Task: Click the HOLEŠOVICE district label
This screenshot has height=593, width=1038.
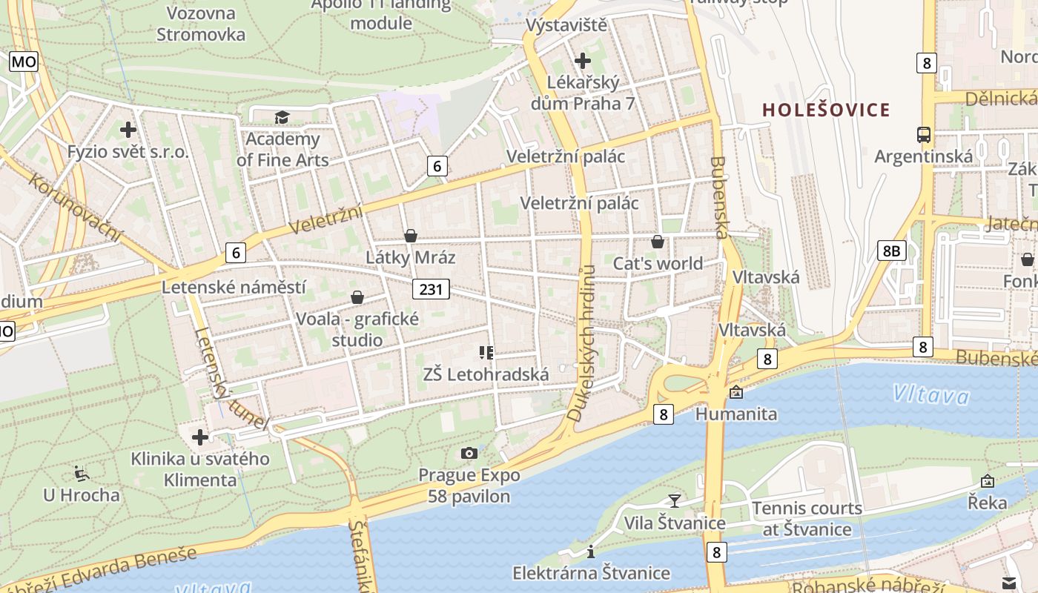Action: tap(826, 110)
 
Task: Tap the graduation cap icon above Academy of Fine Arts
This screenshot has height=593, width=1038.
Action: tap(282, 117)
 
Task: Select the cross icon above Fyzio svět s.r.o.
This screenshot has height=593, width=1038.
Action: tap(128, 130)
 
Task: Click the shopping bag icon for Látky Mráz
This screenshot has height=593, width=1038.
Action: tap(410, 236)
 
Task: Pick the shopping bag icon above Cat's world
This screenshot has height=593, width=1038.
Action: tap(657, 242)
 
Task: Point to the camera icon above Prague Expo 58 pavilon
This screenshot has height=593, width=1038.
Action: tap(469, 453)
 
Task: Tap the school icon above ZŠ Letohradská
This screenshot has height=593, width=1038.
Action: tap(486, 353)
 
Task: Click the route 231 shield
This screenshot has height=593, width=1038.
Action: tap(431, 288)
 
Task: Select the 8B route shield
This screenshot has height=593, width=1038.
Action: tap(890, 251)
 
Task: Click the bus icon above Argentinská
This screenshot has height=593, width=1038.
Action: tap(924, 135)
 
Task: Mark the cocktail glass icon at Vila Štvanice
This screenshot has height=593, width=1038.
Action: tap(674, 501)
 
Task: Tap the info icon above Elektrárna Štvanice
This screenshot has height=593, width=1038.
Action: tap(591, 551)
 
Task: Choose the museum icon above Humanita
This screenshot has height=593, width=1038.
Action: tap(735, 392)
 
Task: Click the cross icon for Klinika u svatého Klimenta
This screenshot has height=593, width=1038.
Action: tap(200, 437)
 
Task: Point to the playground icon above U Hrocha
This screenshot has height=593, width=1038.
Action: tap(81, 473)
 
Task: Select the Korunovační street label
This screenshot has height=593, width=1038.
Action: tap(76, 208)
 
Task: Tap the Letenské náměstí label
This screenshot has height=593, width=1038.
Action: tap(234, 287)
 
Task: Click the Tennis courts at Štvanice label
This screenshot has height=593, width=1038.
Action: tap(807, 519)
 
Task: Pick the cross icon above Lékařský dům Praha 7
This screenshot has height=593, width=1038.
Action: tap(583, 60)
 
